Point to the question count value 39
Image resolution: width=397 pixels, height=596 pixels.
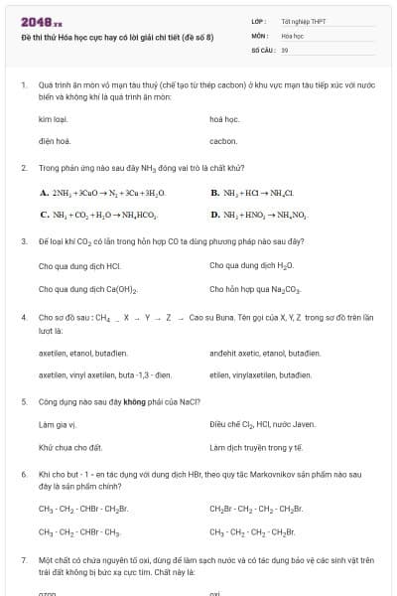[285, 48]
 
